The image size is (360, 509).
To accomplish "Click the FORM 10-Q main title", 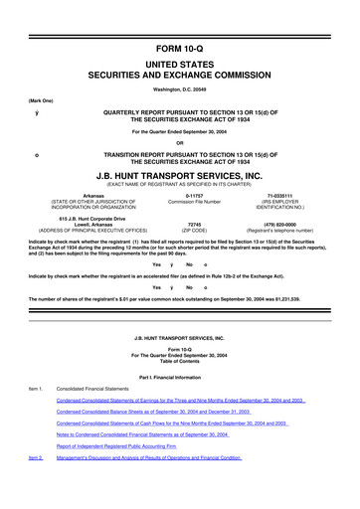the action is (x=180, y=18).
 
